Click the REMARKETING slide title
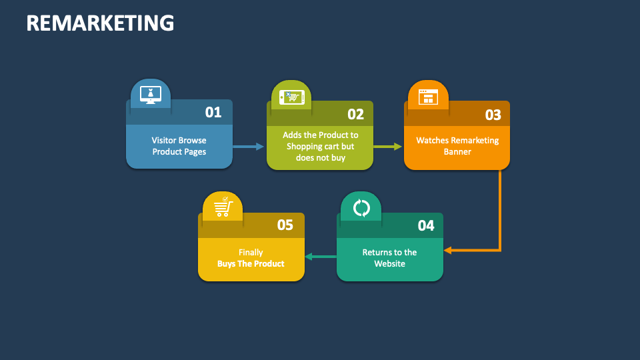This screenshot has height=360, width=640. (x=100, y=23)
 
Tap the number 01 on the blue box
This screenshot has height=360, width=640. (x=213, y=112)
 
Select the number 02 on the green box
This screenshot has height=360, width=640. (x=355, y=114)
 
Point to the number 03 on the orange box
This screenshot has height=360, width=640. (x=493, y=115)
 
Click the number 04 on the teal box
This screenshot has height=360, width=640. (x=426, y=225)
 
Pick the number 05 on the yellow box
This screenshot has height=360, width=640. (x=285, y=225)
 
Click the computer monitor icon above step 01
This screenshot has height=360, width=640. (x=151, y=95)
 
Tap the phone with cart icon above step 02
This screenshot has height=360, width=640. (x=291, y=97)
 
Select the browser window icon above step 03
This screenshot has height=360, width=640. (x=427, y=97)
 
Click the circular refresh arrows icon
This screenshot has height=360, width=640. (x=361, y=208)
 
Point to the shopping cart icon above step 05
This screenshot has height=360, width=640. (x=223, y=207)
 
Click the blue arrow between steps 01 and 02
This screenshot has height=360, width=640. (x=249, y=146)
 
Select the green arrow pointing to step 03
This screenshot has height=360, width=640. (x=388, y=146)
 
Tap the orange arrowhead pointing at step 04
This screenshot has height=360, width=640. (x=448, y=250)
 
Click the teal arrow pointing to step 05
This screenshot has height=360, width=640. (x=320, y=257)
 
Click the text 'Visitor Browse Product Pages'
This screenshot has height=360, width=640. (x=179, y=146)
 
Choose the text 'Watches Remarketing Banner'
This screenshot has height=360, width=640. (x=457, y=146)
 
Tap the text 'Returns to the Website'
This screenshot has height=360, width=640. (x=389, y=258)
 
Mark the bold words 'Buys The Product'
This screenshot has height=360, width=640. (x=251, y=263)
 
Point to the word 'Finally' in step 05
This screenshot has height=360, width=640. (x=251, y=252)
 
